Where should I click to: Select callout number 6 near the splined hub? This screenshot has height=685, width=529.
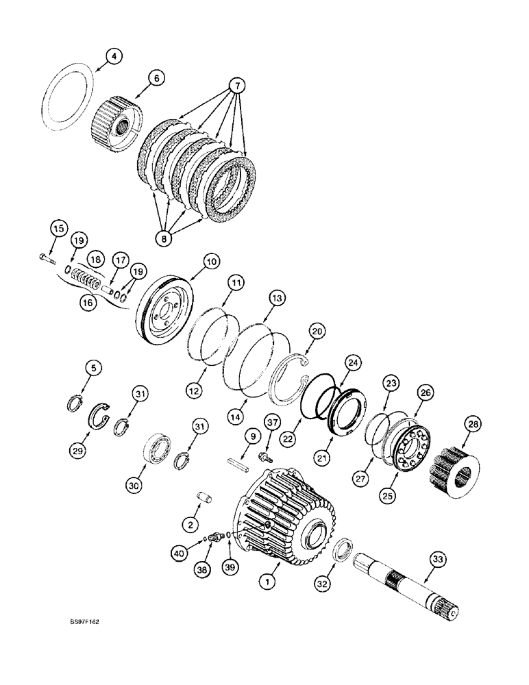[155, 79]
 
